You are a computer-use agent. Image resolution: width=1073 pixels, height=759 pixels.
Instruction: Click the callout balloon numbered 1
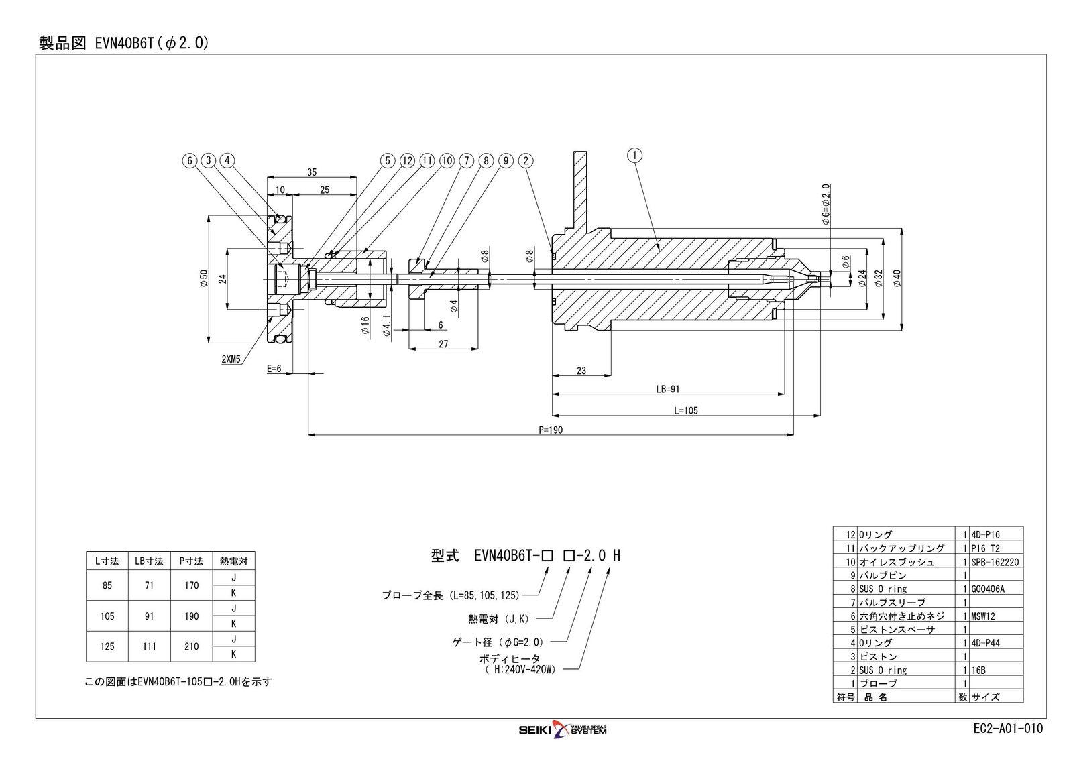634,156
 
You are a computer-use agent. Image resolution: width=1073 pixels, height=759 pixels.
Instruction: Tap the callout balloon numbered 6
190,160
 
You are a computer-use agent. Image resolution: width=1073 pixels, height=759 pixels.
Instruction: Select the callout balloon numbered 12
407,160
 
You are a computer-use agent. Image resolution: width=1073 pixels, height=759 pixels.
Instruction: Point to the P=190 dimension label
551,430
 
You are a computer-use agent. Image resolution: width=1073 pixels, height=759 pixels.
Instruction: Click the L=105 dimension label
685,410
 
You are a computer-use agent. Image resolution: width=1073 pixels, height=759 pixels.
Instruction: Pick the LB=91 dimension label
667,389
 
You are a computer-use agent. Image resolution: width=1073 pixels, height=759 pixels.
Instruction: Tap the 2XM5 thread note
231,359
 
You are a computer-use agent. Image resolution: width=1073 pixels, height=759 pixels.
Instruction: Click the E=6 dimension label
274,369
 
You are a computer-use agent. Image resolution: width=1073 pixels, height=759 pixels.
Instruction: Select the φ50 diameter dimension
204,278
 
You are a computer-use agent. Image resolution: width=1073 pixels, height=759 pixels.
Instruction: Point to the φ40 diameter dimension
897,278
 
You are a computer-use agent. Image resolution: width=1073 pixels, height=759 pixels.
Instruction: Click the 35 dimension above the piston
312,172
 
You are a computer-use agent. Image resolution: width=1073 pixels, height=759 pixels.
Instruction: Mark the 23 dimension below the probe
581,370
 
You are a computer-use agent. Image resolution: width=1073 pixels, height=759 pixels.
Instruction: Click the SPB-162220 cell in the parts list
995,562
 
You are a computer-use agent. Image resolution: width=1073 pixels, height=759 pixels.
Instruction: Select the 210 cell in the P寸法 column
192,646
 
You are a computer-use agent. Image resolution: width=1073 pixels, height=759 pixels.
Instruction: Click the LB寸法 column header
149,561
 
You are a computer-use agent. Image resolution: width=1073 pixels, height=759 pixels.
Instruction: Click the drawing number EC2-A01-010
1007,729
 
